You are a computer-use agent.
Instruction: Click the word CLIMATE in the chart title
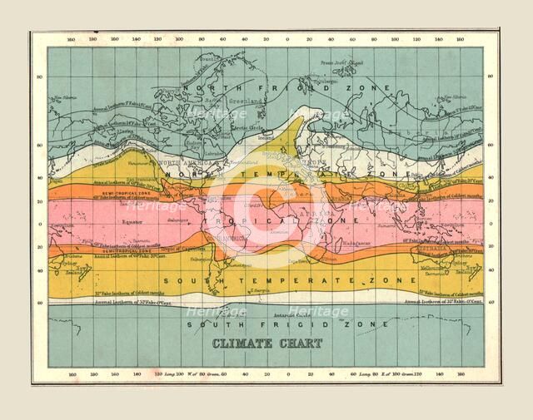click(x=234, y=342)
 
